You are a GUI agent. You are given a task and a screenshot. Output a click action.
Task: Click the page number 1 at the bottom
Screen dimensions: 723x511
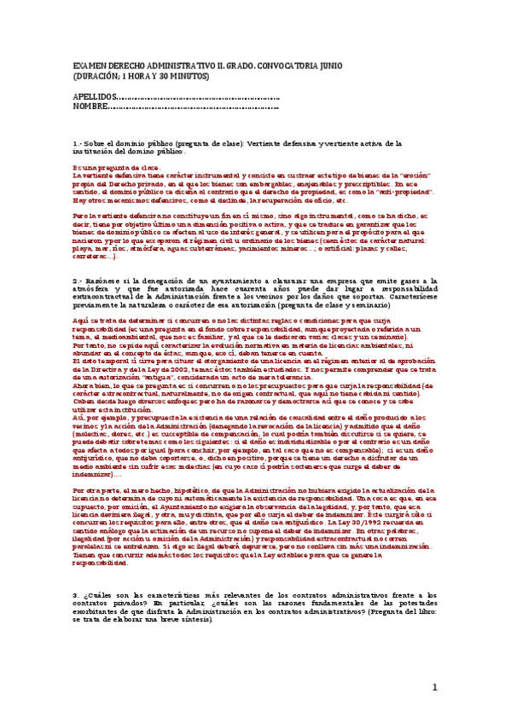click(x=433, y=687)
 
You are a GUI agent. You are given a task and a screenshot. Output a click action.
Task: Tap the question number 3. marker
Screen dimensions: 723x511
click(x=76, y=595)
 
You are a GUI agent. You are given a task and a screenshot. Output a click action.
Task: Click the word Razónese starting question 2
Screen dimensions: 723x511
click(x=105, y=280)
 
